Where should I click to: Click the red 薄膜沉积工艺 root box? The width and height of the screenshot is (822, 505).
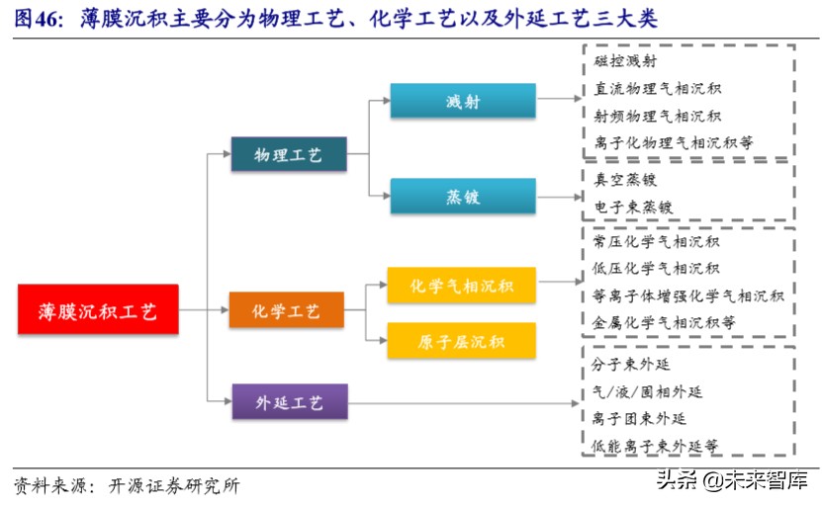[98, 311]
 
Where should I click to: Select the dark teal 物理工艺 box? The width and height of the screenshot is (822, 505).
[288, 154]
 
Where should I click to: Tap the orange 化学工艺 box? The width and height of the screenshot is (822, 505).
[287, 311]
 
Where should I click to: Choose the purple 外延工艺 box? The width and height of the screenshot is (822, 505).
[288, 402]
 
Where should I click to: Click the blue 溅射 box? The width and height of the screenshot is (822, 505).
[462, 102]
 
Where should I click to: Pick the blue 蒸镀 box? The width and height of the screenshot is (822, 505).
[462, 197]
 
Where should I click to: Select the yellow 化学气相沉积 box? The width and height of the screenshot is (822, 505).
[462, 286]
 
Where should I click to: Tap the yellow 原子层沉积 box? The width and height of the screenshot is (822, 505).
[462, 341]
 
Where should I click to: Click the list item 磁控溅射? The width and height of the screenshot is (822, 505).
[625, 61]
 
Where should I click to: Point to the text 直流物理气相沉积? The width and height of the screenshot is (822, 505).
[657, 89]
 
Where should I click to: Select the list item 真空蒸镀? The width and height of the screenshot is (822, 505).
[625, 180]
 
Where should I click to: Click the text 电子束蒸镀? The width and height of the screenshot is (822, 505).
[633, 208]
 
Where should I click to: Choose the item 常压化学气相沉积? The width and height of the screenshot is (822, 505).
[656, 241]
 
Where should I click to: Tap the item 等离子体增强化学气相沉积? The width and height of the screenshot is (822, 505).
[687, 295]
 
